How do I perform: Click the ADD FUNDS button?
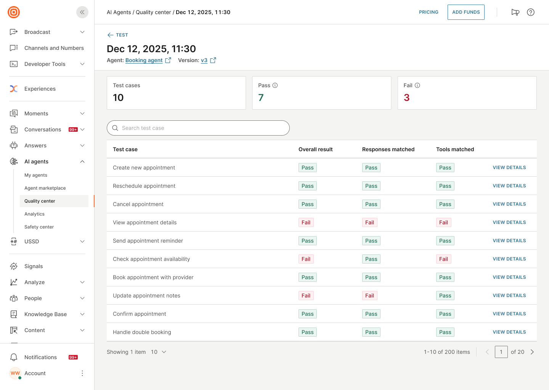click(466, 12)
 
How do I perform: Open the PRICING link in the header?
click(429, 12)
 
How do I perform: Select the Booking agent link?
click(144, 60)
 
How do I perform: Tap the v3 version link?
click(204, 60)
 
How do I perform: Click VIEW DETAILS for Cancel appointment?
click(509, 204)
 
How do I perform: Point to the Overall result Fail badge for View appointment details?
click(306, 222)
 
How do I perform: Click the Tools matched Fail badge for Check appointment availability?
click(443, 259)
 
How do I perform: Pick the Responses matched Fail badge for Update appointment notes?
click(369, 296)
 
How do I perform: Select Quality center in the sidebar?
click(40, 201)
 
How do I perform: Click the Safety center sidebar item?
click(39, 227)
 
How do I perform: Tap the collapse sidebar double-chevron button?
click(82, 12)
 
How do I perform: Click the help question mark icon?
click(530, 12)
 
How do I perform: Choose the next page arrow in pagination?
click(532, 352)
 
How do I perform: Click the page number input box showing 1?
click(501, 352)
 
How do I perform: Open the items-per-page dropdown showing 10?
click(159, 352)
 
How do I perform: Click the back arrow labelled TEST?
click(117, 35)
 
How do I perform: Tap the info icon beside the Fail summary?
click(417, 85)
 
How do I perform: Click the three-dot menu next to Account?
click(82, 373)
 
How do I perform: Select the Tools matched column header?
click(455, 149)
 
